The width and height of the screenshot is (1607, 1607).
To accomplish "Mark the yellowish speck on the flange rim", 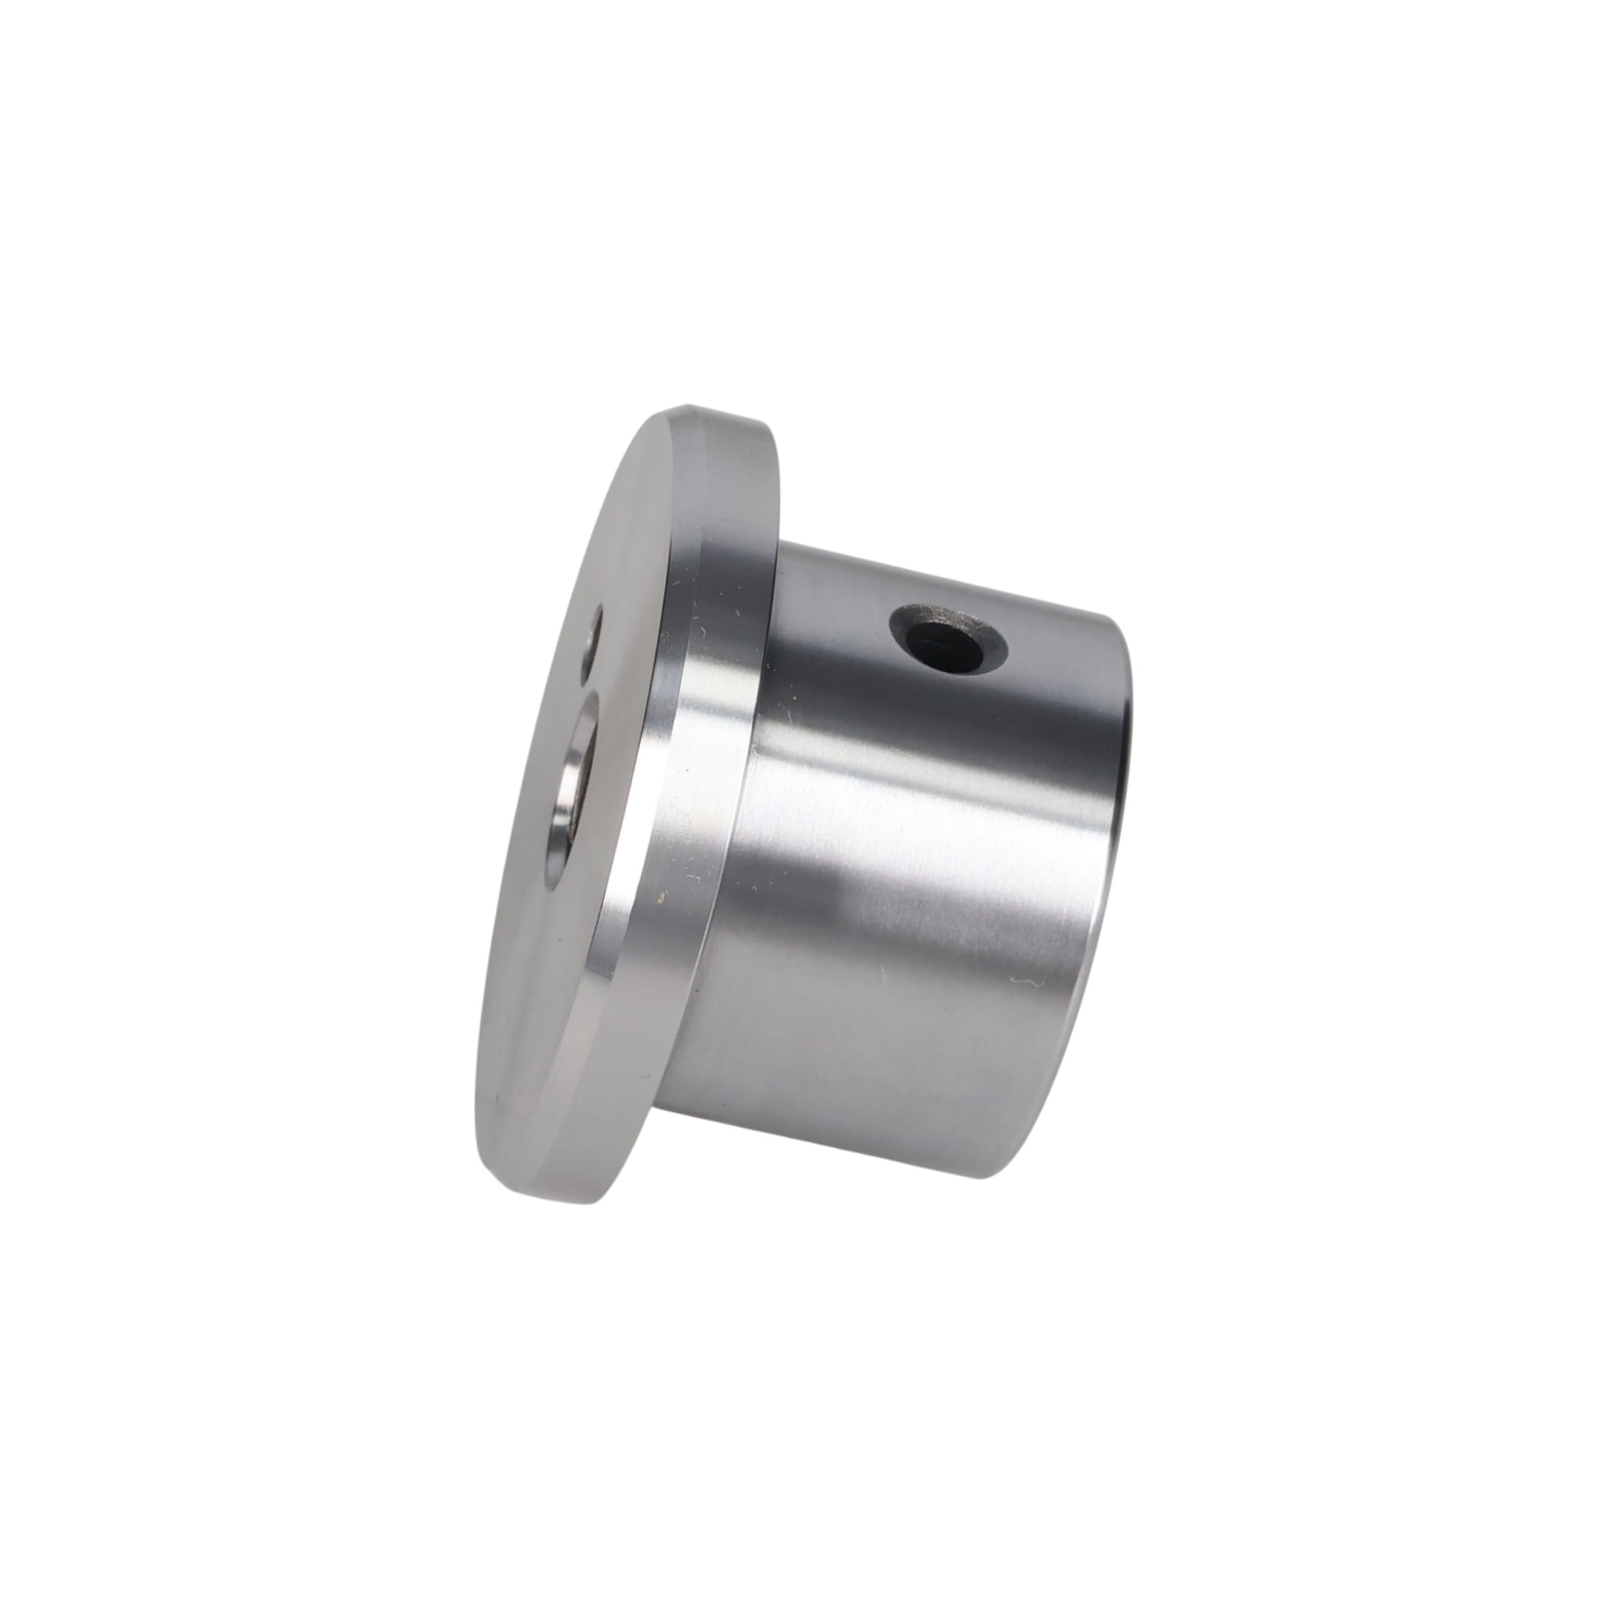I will click(x=661, y=897).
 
